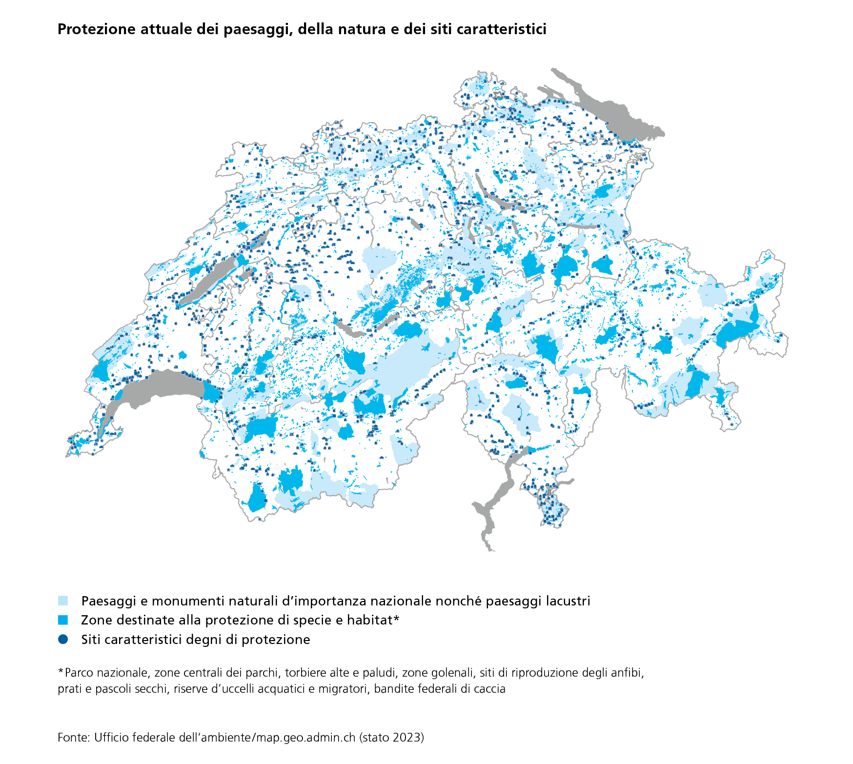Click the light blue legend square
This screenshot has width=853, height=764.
click(x=63, y=601)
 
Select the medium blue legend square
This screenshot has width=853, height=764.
click(x=63, y=620)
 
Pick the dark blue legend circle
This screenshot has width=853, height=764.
click(x=63, y=639)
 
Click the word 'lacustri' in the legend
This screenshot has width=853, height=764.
click(x=568, y=601)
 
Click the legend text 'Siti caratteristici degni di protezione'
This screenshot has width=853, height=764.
click(x=195, y=640)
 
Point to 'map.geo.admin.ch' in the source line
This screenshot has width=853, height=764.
click(x=305, y=737)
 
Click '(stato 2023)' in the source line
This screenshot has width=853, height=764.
click(x=391, y=737)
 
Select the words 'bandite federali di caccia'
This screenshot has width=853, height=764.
click(x=440, y=689)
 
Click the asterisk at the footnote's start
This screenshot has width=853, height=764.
click(x=61, y=672)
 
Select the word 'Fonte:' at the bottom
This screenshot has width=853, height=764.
click(x=74, y=737)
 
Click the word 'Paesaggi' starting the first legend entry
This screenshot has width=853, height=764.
click(x=109, y=601)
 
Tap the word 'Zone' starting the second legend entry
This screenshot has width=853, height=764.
click(x=94, y=620)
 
